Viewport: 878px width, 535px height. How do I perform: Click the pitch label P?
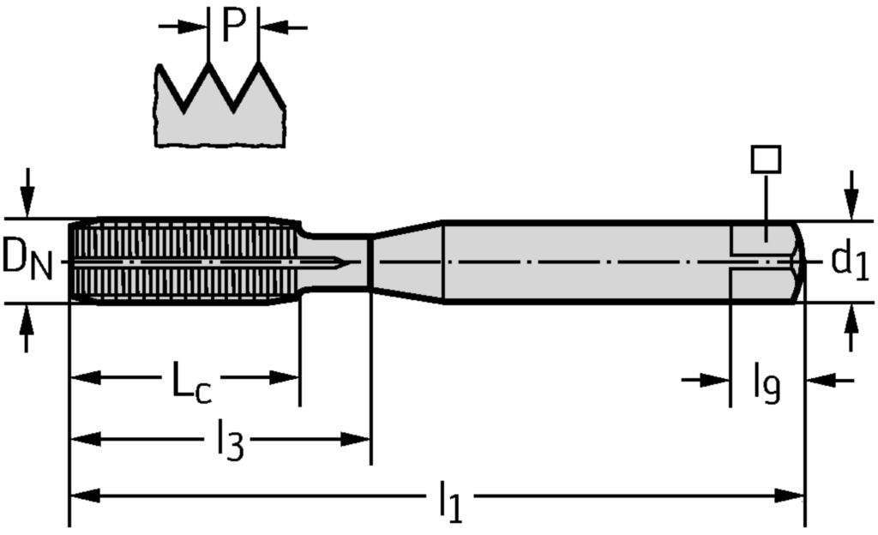click(233, 26)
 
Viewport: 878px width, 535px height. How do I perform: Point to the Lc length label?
click(191, 382)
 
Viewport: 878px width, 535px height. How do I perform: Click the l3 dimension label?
click(230, 441)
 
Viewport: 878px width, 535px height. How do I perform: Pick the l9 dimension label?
click(767, 383)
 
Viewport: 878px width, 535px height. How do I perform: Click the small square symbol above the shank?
click(766, 159)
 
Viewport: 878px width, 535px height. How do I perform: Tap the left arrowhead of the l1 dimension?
click(85, 496)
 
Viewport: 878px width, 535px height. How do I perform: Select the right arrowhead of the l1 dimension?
click(790, 496)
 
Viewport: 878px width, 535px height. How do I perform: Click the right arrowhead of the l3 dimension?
click(355, 439)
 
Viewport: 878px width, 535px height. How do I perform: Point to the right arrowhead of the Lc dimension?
click(284, 378)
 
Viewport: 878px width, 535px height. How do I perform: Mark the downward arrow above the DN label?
click(27, 191)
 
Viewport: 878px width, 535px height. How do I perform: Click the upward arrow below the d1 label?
click(851, 328)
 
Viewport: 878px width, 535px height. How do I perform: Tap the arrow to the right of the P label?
click(285, 27)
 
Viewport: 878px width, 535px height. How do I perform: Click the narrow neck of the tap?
click(335, 261)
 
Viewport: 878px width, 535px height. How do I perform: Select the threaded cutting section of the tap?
click(183, 261)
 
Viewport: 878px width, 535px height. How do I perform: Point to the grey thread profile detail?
click(220, 105)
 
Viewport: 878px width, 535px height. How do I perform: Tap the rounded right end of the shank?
click(799, 261)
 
